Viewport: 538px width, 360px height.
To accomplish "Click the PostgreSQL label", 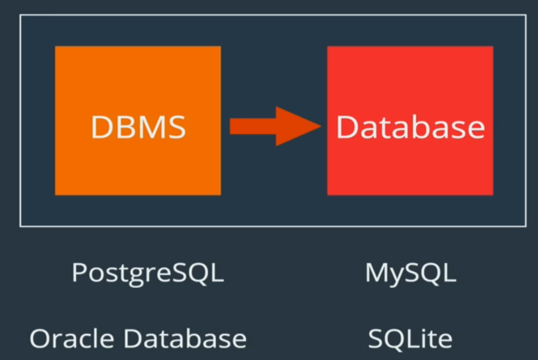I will [x=148, y=274].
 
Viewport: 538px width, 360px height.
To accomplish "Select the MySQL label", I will [x=410, y=274].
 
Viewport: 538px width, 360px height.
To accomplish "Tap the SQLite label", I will [x=410, y=339].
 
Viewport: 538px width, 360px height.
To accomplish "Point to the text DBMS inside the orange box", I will [x=138, y=128].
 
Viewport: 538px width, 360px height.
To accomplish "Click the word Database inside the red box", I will [x=410, y=128].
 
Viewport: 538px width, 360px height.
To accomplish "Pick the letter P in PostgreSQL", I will [x=78, y=273].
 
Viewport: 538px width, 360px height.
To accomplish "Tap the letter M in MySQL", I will [x=376, y=273].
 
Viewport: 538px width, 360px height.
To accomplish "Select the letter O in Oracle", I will [x=40, y=339].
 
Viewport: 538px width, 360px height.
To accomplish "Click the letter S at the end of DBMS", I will [x=176, y=128].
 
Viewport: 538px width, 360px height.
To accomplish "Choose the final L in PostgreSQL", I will [x=218, y=273].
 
